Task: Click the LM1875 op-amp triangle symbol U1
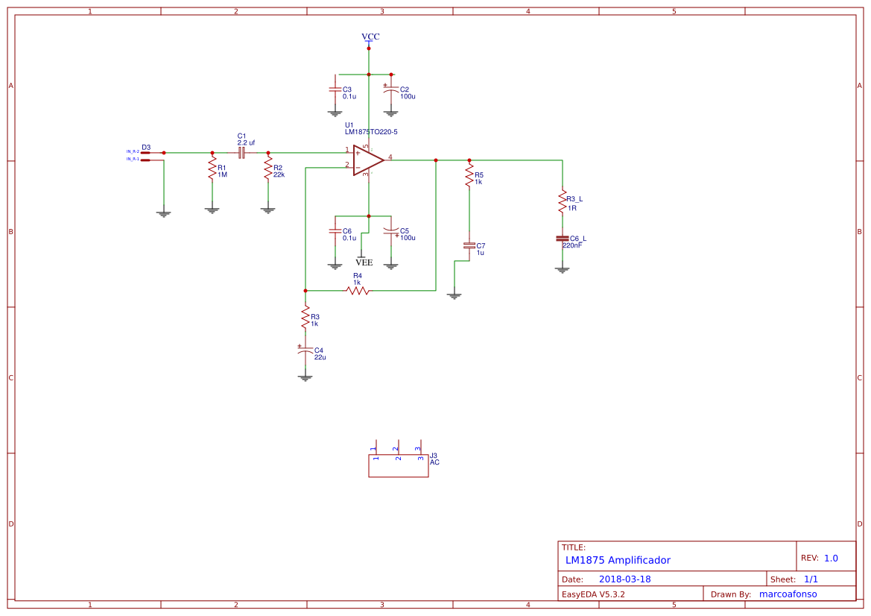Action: point(367,160)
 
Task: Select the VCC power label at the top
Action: point(370,37)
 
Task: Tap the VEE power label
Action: point(364,263)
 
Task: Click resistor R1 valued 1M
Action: point(212,170)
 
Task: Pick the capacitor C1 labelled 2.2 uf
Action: point(241,152)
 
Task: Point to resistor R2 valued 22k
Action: point(268,170)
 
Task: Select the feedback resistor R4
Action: point(358,290)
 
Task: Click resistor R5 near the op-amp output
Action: point(469,177)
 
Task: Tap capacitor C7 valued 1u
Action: point(469,245)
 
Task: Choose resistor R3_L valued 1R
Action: point(563,202)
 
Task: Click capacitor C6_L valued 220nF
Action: point(563,239)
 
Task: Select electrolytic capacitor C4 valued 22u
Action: point(304,351)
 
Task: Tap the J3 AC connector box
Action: point(398,466)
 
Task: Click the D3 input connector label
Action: point(146,148)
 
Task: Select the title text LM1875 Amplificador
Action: point(618,560)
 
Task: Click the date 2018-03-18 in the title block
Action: point(624,579)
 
